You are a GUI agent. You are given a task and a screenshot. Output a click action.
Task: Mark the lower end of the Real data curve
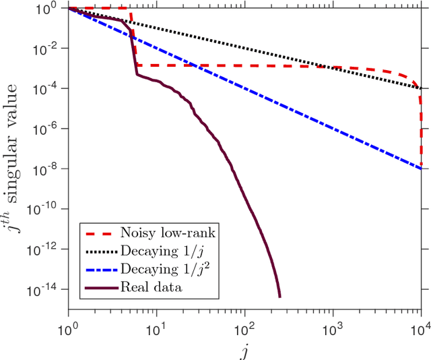pos(279,296)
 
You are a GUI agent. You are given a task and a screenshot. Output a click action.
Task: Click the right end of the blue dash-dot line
pos(421,169)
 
